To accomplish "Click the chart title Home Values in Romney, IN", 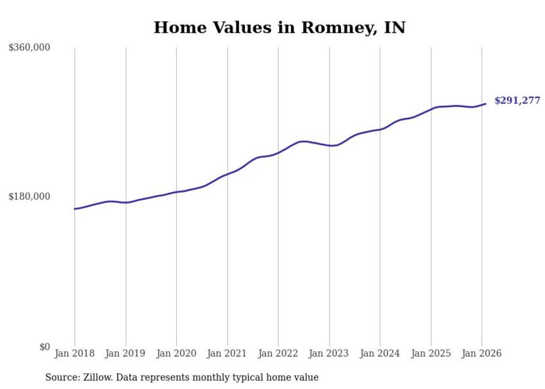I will (279, 27).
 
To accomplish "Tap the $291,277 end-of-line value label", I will (517, 101).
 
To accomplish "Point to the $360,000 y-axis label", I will (29, 48).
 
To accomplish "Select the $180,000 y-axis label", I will (29, 196).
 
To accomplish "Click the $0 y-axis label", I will (44, 347).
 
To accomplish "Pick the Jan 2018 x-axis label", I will (75, 353).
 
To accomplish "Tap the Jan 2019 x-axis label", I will (126, 353).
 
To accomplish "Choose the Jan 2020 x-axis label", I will (176, 353).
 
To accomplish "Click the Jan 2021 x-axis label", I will (227, 353).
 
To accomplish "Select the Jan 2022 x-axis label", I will (278, 353).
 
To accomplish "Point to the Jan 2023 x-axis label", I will (329, 353).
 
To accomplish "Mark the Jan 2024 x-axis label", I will (380, 353).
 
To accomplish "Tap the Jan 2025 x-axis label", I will (431, 353).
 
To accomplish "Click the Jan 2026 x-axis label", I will (482, 353).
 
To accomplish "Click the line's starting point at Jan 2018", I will (75, 209).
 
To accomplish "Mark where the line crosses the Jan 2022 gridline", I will (278, 152).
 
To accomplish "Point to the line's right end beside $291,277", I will (485, 104).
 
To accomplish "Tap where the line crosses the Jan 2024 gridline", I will (380, 129).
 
